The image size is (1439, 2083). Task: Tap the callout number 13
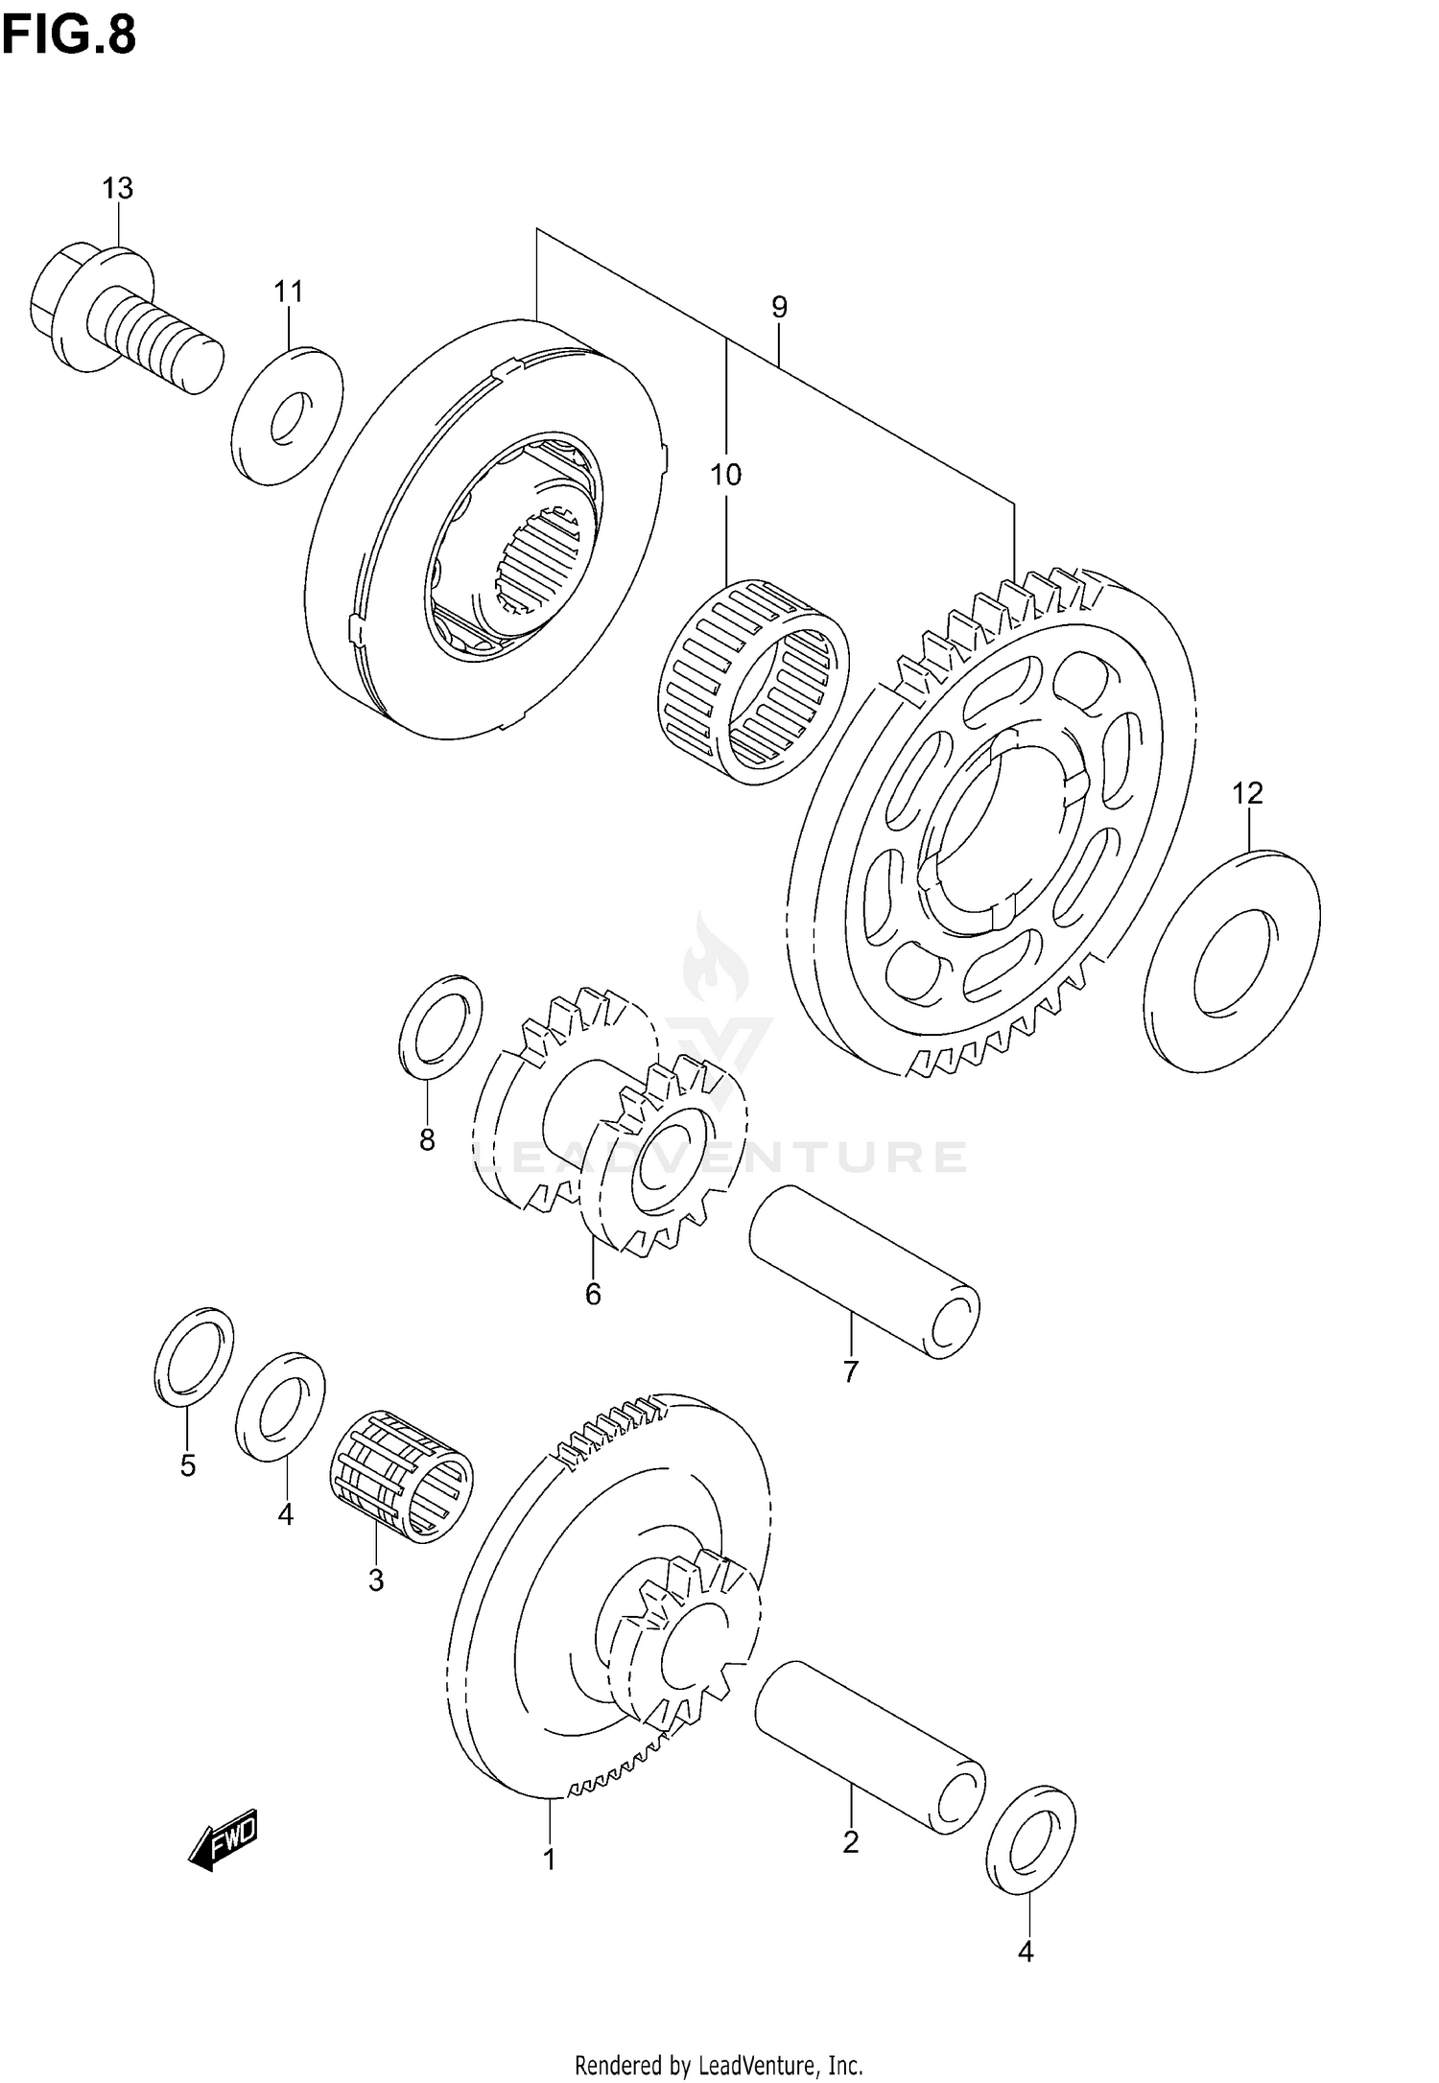tap(118, 189)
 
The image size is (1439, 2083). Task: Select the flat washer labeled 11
tap(287, 415)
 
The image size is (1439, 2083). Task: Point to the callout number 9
tap(779, 308)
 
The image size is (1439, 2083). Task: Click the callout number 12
tap(1247, 793)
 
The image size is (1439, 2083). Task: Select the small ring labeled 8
tap(440, 1024)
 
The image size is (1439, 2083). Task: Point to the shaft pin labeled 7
tap(863, 1270)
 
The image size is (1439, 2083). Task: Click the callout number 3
tap(375, 1580)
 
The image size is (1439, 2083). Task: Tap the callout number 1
tap(549, 1860)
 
